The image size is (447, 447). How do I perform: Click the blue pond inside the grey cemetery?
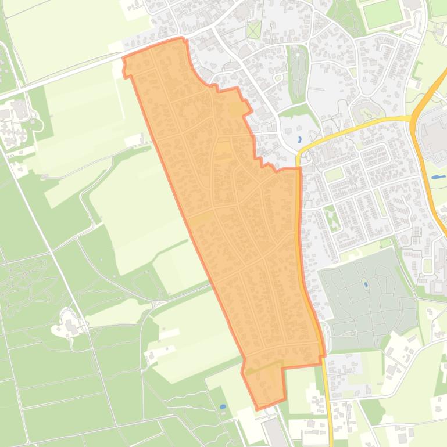[365, 284]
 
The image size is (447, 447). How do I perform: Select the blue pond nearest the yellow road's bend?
[299, 139]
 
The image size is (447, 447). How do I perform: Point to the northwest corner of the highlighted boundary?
[124, 58]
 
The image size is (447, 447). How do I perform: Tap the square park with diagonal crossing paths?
[254, 29]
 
